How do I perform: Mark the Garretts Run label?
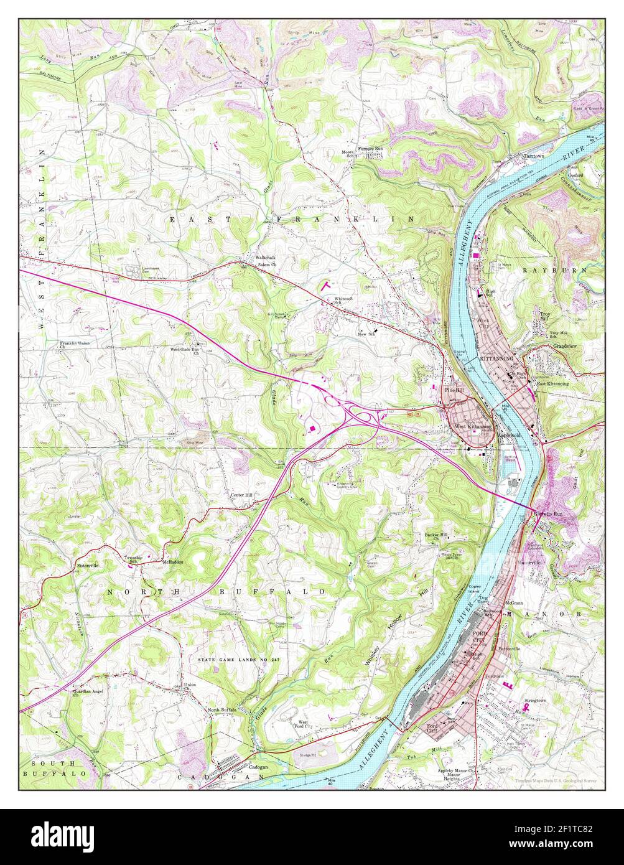[x=549, y=514]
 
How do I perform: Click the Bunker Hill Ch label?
[x=436, y=537]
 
